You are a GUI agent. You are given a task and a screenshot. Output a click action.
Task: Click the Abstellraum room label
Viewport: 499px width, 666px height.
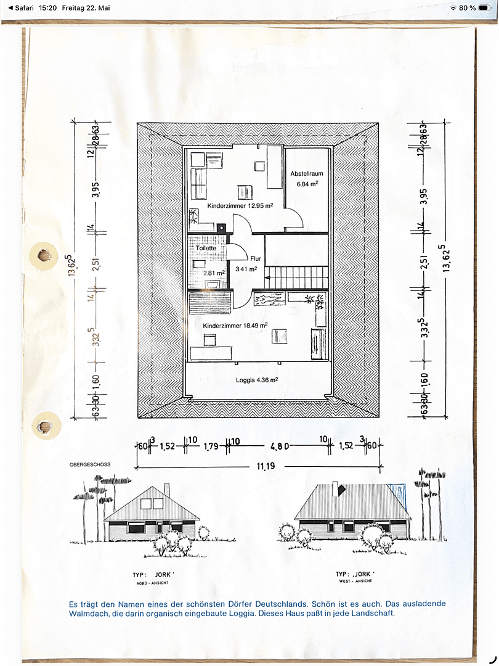307,173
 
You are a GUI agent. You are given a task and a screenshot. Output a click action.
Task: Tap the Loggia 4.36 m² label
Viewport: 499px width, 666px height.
257,380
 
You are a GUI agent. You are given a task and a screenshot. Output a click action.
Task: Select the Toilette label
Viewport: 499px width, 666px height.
206,248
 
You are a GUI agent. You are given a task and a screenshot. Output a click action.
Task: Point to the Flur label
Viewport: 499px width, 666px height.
256,258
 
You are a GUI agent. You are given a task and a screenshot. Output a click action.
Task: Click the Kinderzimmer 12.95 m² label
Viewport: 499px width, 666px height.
240,205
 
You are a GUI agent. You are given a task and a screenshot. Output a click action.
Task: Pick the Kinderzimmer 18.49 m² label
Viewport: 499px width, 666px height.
235,326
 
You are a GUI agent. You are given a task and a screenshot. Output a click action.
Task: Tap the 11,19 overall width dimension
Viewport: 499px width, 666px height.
266,466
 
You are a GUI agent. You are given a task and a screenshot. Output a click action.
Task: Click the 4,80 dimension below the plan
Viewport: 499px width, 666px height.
280,446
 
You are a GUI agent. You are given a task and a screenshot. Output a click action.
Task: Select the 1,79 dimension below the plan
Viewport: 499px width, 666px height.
211,446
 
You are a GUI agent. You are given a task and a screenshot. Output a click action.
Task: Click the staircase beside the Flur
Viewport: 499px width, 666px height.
296,277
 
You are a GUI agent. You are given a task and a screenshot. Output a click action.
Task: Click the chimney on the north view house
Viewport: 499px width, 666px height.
167,490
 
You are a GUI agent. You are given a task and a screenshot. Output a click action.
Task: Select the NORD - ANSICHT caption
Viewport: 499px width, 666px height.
152,583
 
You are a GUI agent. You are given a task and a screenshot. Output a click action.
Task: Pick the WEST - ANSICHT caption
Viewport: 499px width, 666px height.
355,581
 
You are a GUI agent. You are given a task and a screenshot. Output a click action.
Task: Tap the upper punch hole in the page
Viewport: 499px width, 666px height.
43,256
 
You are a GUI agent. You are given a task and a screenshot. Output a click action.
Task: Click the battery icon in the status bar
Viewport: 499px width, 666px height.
485,7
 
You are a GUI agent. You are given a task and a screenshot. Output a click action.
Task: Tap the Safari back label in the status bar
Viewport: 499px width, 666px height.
21,7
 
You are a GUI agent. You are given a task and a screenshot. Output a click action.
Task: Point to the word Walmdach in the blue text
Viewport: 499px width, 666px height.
86,614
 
